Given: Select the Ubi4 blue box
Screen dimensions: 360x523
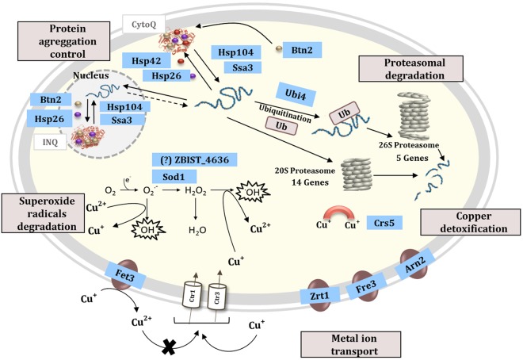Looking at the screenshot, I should coord(290,92).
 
